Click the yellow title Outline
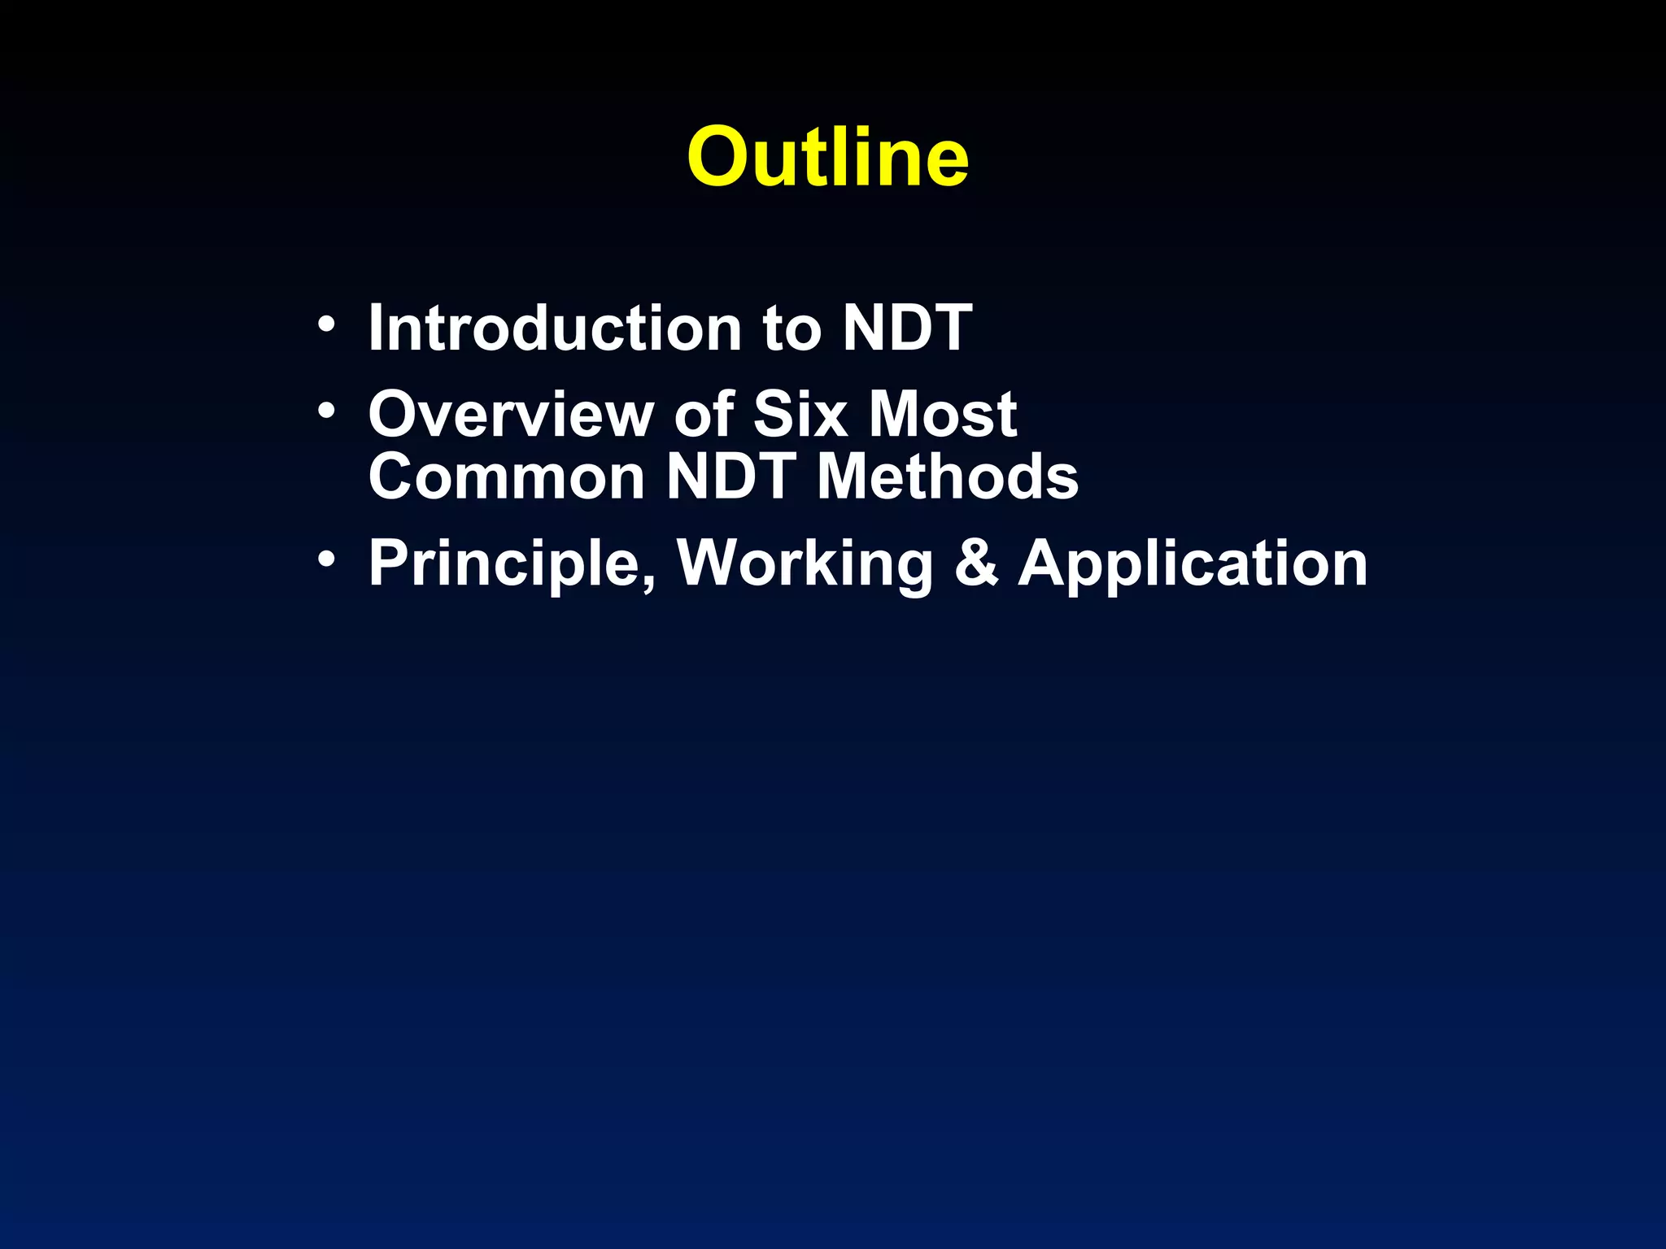tap(827, 157)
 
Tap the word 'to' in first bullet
tap(792, 329)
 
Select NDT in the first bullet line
tap(907, 328)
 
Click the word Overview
tap(511, 415)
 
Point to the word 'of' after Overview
tap(704, 414)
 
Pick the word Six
tap(800, 414)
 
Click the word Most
tap(943, 414)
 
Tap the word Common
tap(507, 477)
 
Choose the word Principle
tap(504, 564)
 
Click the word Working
tap(805, 564)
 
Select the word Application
tap(1193, 564)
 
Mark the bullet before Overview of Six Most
tap(326, 411)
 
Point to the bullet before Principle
tap(326, 560)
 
